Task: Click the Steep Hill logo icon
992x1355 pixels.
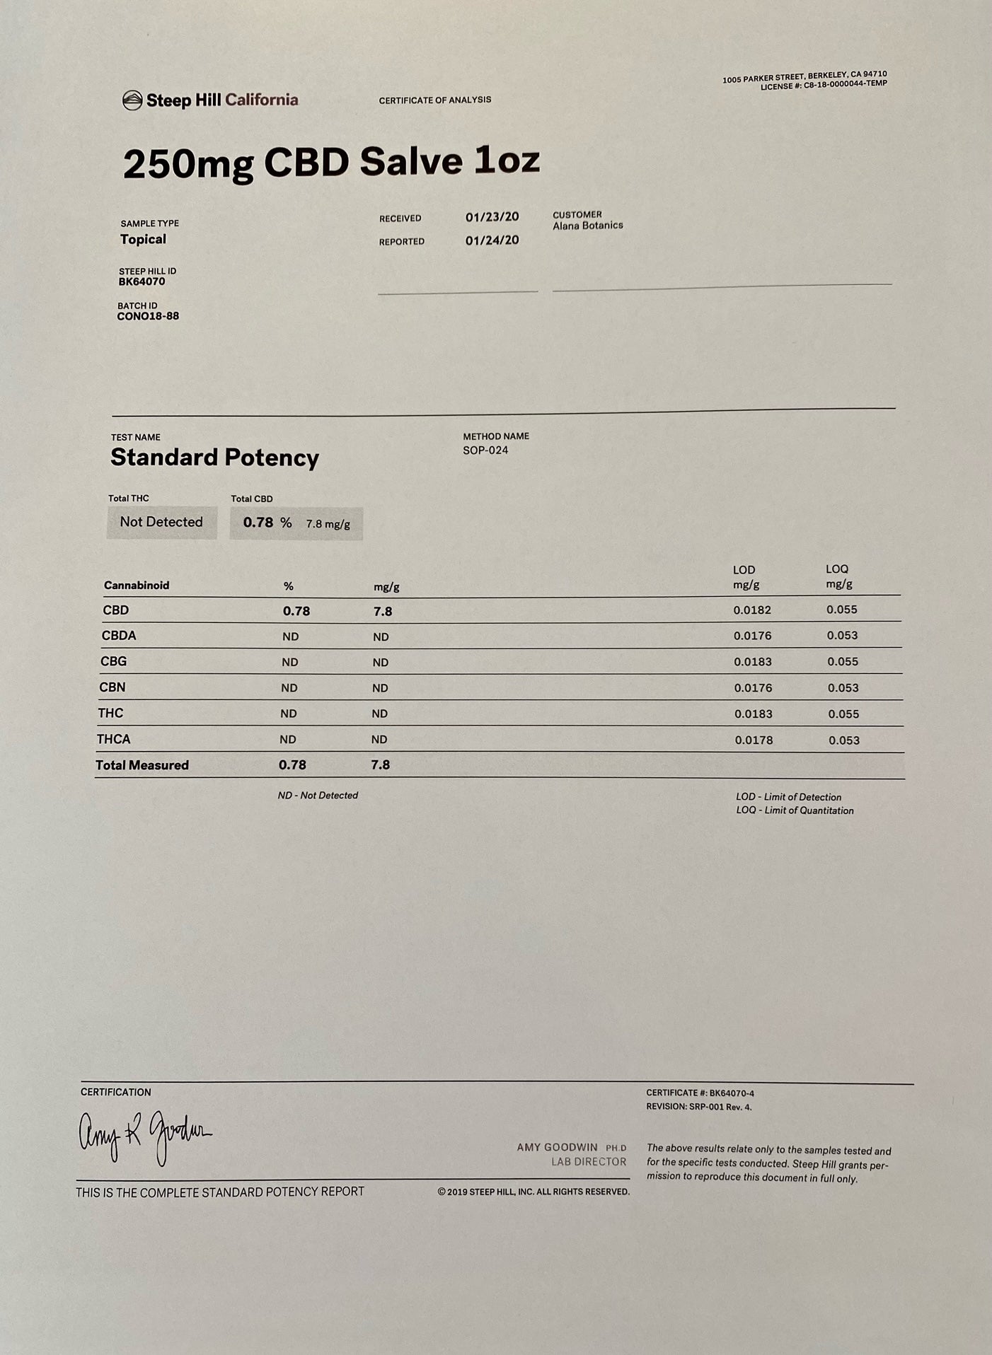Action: click(132, 100)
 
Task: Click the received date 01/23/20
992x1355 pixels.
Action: click(492, 217)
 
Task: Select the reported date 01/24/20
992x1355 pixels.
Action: click(492, 240)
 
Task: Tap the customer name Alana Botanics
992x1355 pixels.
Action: click(587, 226)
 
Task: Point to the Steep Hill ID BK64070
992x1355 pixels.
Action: click(142, 281)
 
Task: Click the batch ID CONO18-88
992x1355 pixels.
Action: click(148, 316)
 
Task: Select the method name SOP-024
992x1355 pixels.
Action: click(485, 450)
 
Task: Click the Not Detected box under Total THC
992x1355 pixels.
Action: click(161, 522)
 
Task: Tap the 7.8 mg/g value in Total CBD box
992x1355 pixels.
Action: click(328, 524)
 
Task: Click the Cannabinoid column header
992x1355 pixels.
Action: click(137, 586)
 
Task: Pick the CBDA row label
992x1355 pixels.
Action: click(119, 636)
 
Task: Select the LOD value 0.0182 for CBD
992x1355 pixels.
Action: click(752, 610)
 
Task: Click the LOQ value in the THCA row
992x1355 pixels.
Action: click(844, 740)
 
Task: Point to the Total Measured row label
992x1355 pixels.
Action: click(142, 765)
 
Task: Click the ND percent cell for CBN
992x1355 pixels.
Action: click(289, 688)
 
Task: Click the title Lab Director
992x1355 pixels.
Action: click(589, 1162)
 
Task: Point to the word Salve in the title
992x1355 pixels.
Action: click(411, 162)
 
